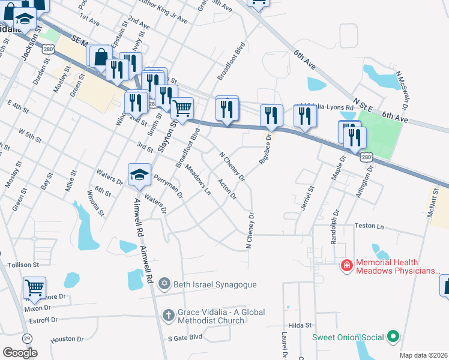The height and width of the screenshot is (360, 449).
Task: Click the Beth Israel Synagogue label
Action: click(x=215, y=284)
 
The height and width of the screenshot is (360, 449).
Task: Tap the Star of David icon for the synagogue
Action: click(x=165, y=284)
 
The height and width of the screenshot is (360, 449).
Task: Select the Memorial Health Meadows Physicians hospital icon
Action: click(x=346, y=265)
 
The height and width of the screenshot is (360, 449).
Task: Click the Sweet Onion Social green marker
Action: click(x=393, y=337)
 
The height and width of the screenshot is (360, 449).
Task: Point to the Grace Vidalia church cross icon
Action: click(x=169, y=314)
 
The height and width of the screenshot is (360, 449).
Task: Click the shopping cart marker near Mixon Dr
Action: click(x=34, y=287)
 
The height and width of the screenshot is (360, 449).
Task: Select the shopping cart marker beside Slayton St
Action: click(x=182, y=109)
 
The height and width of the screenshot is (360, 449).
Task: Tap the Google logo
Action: click(x=20, y=353)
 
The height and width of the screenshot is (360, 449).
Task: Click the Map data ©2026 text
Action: click(x=423, y=355)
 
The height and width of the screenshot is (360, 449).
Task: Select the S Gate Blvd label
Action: click(x=185, y=337)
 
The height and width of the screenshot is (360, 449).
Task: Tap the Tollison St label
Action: click(x=23, y=264)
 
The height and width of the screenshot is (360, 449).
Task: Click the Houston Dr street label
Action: click(x=66, y=339)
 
